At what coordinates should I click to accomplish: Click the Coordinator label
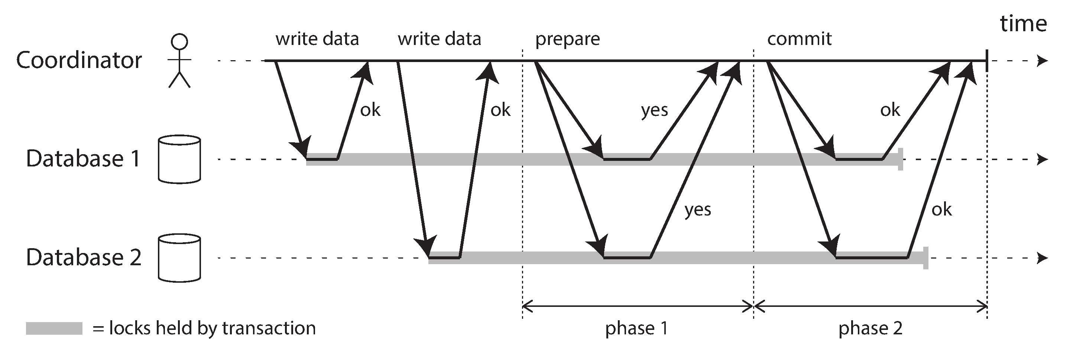coord(79,61)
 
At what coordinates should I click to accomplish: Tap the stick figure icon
coord(179,61)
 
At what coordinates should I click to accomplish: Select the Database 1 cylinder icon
coord(179,159)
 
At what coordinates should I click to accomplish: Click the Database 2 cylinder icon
coord(179,258)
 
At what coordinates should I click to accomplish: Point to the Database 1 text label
coord(83,159)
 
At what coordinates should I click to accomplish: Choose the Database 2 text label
coord(84,257)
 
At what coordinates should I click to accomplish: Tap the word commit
coord(799,39)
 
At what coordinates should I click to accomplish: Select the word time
coord(1023,24)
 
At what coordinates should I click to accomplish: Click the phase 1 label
coord(636,328)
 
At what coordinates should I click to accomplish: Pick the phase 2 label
coord(870,328)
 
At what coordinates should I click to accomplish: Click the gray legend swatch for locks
coord(54,328)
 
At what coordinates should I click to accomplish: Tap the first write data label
coord(317,39)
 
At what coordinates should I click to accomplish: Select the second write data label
coord(440,39)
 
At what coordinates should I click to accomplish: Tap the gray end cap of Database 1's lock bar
coord(901,159)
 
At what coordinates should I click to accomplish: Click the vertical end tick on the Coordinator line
coord(987,61)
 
